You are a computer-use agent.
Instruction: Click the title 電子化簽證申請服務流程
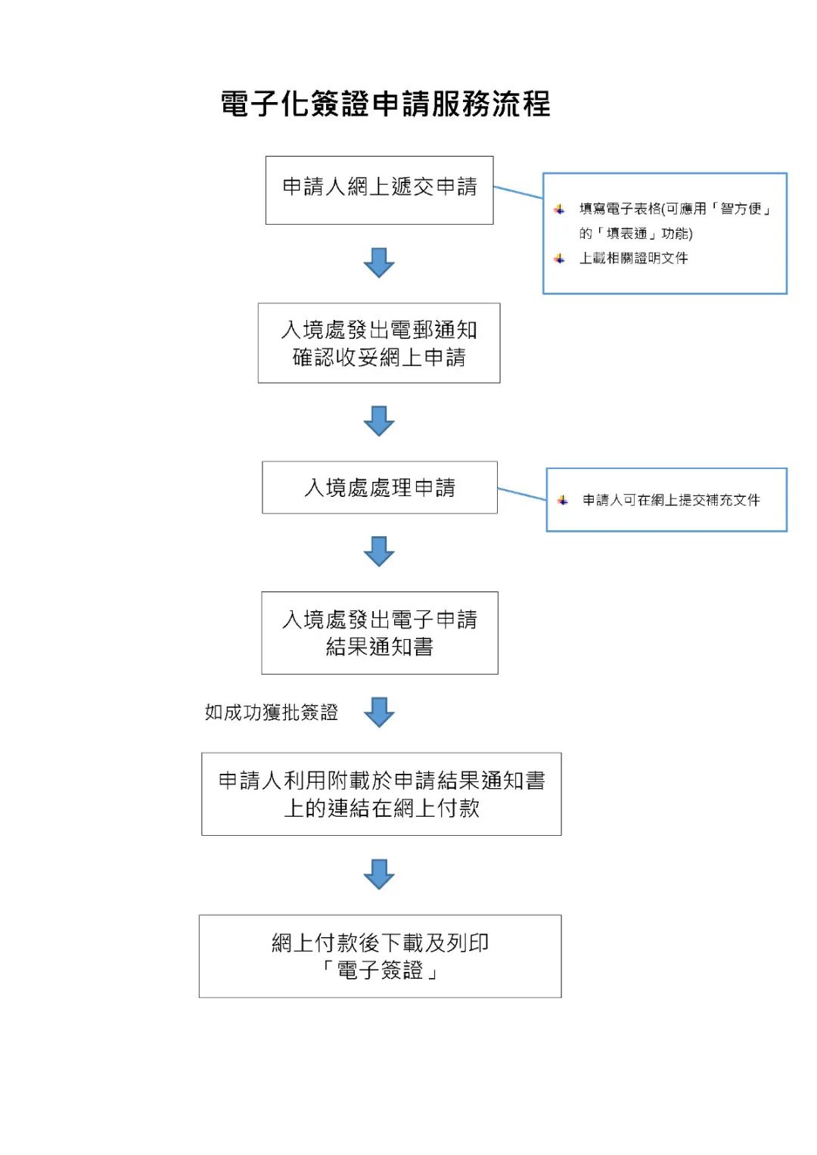coord(385,104)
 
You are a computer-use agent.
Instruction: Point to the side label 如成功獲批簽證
coord(272,712)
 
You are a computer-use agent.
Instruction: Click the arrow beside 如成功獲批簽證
coord(379,712)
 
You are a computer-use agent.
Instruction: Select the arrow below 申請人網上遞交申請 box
coord(379,263)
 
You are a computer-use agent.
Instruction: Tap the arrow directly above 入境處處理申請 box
coord(379,421)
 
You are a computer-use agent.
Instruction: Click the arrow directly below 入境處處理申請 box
coord(379,551)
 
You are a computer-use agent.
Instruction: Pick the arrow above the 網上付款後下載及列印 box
coord(379,874)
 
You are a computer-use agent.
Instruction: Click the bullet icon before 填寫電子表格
coord(559,209)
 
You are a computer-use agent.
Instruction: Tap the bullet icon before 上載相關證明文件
coord(559,259)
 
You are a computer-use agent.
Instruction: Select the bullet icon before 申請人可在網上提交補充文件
coord(563,500)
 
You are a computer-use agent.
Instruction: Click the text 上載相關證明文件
coord(633,258)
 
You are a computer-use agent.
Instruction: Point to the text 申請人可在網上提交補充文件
coord(671,500)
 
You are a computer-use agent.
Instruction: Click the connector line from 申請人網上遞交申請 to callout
coord(518,192)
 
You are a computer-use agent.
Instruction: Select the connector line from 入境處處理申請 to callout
coord(522,493)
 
